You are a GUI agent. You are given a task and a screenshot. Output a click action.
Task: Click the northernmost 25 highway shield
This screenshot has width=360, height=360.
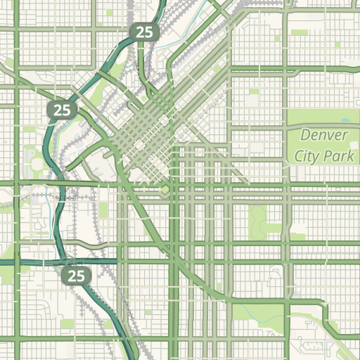[x=144, y=32]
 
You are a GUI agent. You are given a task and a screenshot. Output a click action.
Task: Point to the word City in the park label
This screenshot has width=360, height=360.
[x=308, y=155]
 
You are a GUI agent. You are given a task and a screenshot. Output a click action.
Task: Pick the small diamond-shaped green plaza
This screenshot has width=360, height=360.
[x=164, y=190]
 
